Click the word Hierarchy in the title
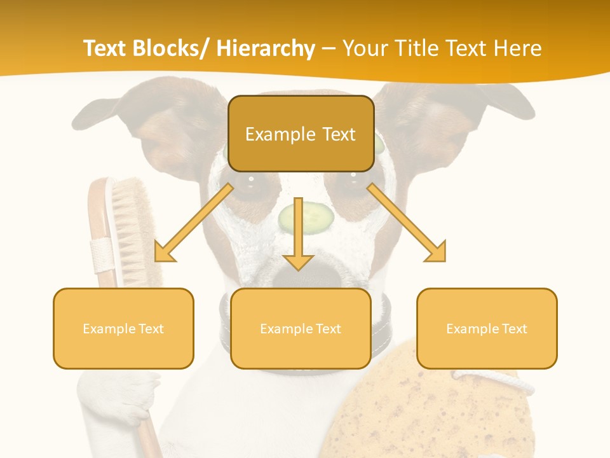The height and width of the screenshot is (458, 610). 266,48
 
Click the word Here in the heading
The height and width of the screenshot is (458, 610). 519,48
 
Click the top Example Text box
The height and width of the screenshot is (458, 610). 301,134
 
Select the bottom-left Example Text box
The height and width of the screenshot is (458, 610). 123,328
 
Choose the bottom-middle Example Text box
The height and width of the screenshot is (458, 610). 301,328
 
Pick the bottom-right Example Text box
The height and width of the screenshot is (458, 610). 487,328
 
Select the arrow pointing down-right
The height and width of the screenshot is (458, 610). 408,224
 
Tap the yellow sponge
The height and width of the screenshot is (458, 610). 419,413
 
